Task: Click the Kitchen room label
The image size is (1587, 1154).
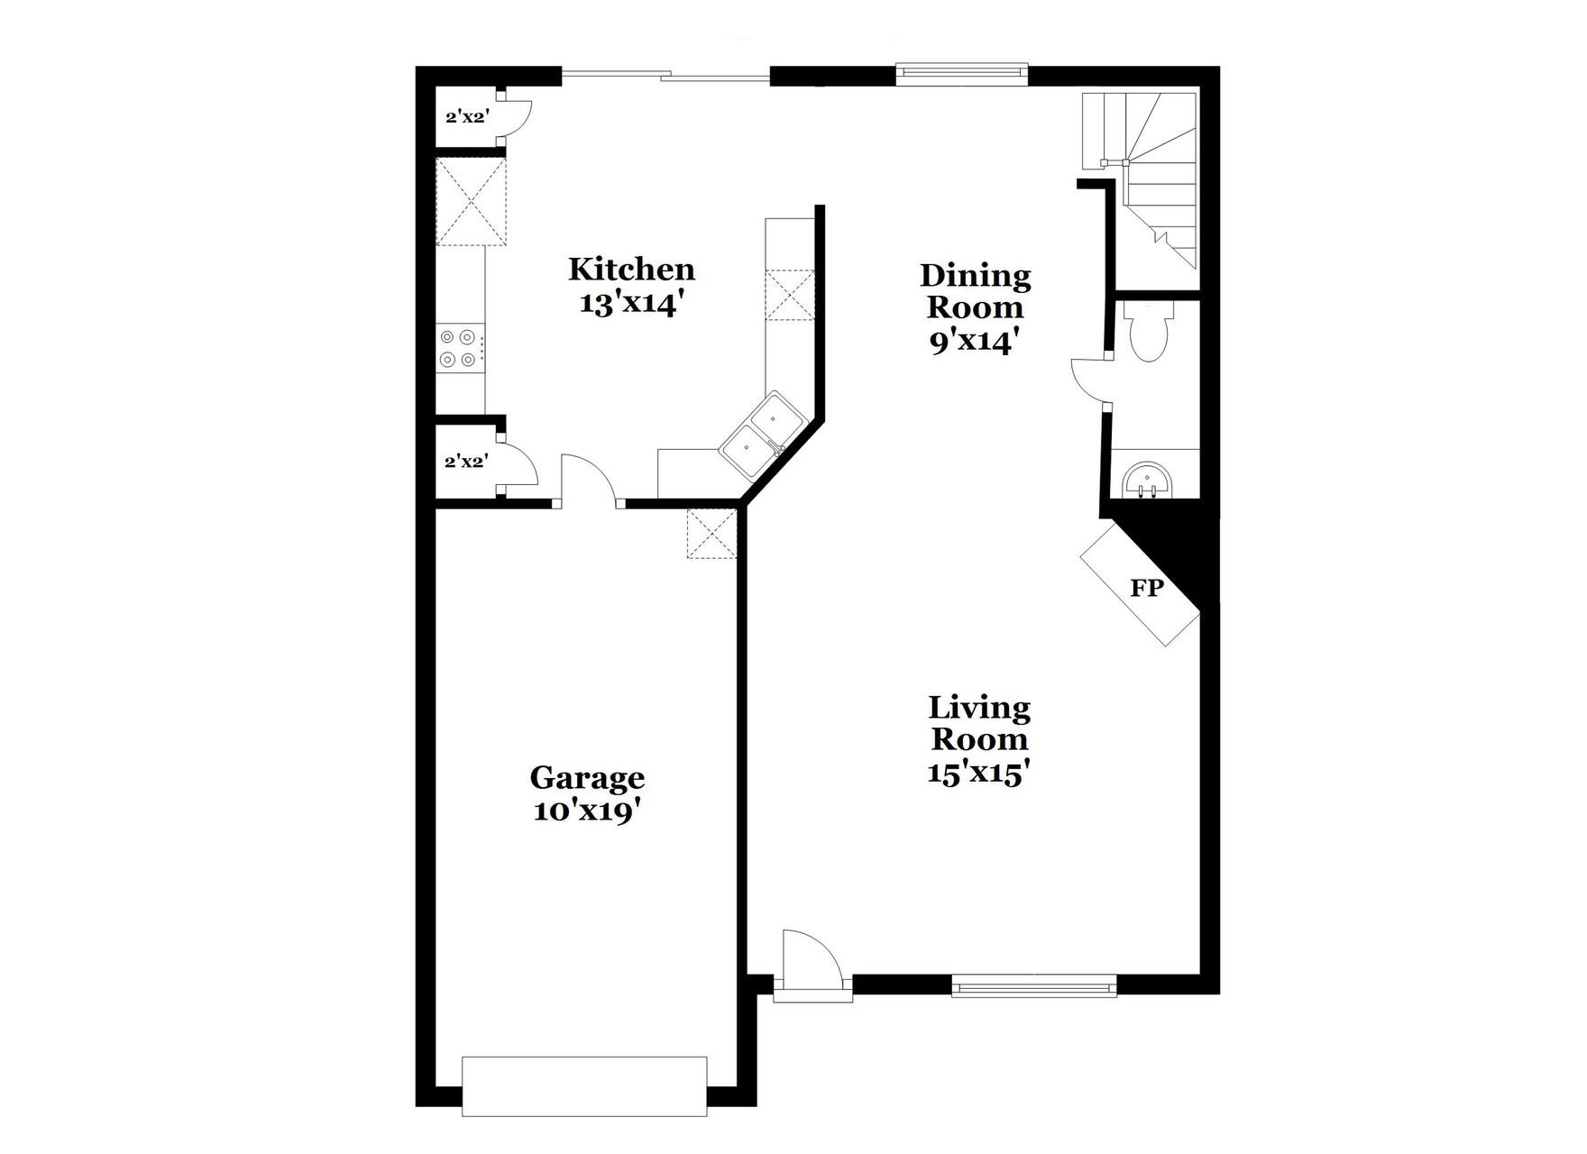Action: (x=631, y=269)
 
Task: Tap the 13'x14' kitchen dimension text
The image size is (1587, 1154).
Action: (x=628, y=304)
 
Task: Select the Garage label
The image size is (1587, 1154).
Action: (x=587, y=777)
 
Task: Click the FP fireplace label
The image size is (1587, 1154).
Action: (x=1147, y=589)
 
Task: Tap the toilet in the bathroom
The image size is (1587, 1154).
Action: (x=1150, y=332)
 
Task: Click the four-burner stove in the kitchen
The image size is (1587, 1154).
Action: (x=458, y=348)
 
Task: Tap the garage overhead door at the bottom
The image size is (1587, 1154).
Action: (x=584, y=1086)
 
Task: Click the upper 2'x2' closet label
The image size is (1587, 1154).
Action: (x=467, y=116)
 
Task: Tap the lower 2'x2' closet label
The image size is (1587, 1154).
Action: (x=466, y=462)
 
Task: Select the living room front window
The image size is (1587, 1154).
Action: (x=1034, y=986)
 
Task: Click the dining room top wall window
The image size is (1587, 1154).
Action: (x=962, y=75)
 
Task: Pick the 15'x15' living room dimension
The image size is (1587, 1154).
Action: (x=979, y=773)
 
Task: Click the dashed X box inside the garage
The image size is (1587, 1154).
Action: (x=711, y=533)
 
